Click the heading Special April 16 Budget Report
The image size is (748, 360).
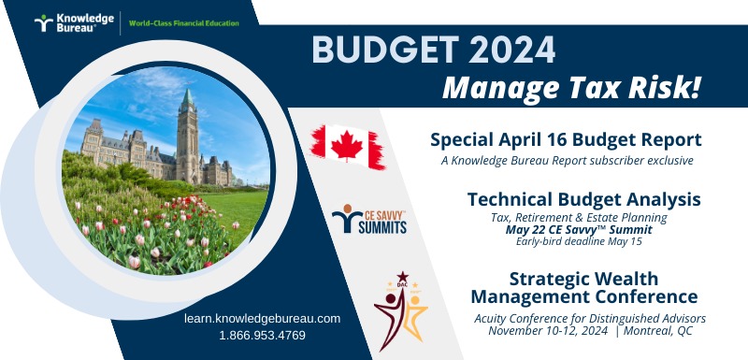click(565, 140)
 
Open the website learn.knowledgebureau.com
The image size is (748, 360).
click(263, 318)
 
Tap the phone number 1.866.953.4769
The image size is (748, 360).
click(263, 334)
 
